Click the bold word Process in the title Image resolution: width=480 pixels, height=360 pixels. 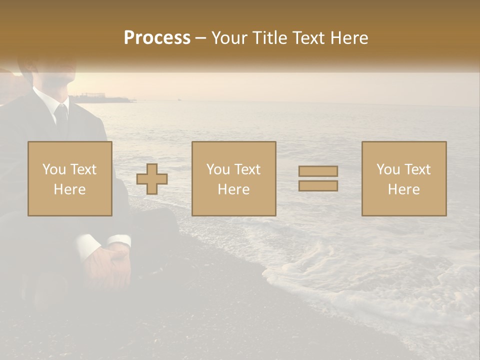point(157,38)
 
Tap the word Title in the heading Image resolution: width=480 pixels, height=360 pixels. point(269,38)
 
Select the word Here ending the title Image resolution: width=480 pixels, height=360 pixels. point(348,38)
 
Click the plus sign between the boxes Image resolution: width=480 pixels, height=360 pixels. point(152,178)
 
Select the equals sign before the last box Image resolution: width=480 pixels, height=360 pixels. point(318,178)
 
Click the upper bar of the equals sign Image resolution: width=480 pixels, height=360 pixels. point(318,171)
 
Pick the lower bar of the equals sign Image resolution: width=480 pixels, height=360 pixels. point(318,185)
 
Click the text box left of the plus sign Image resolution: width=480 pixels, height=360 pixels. point(70,178)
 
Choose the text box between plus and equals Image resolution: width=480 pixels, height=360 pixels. point(233,178)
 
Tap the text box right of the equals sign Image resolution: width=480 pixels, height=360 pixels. point(404,178)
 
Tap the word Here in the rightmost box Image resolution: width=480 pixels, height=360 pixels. point(404,189)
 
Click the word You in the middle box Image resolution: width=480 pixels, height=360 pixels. point(218,169)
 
